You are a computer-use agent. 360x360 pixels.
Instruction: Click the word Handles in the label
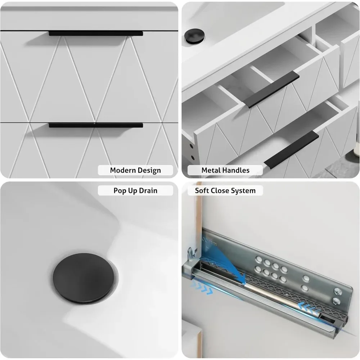[238, 170]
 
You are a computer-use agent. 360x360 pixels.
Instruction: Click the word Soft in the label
[202, 190]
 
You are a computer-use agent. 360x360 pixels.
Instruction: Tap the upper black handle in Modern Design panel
[96, 33]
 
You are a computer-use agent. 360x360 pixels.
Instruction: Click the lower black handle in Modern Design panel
[96, 125]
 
